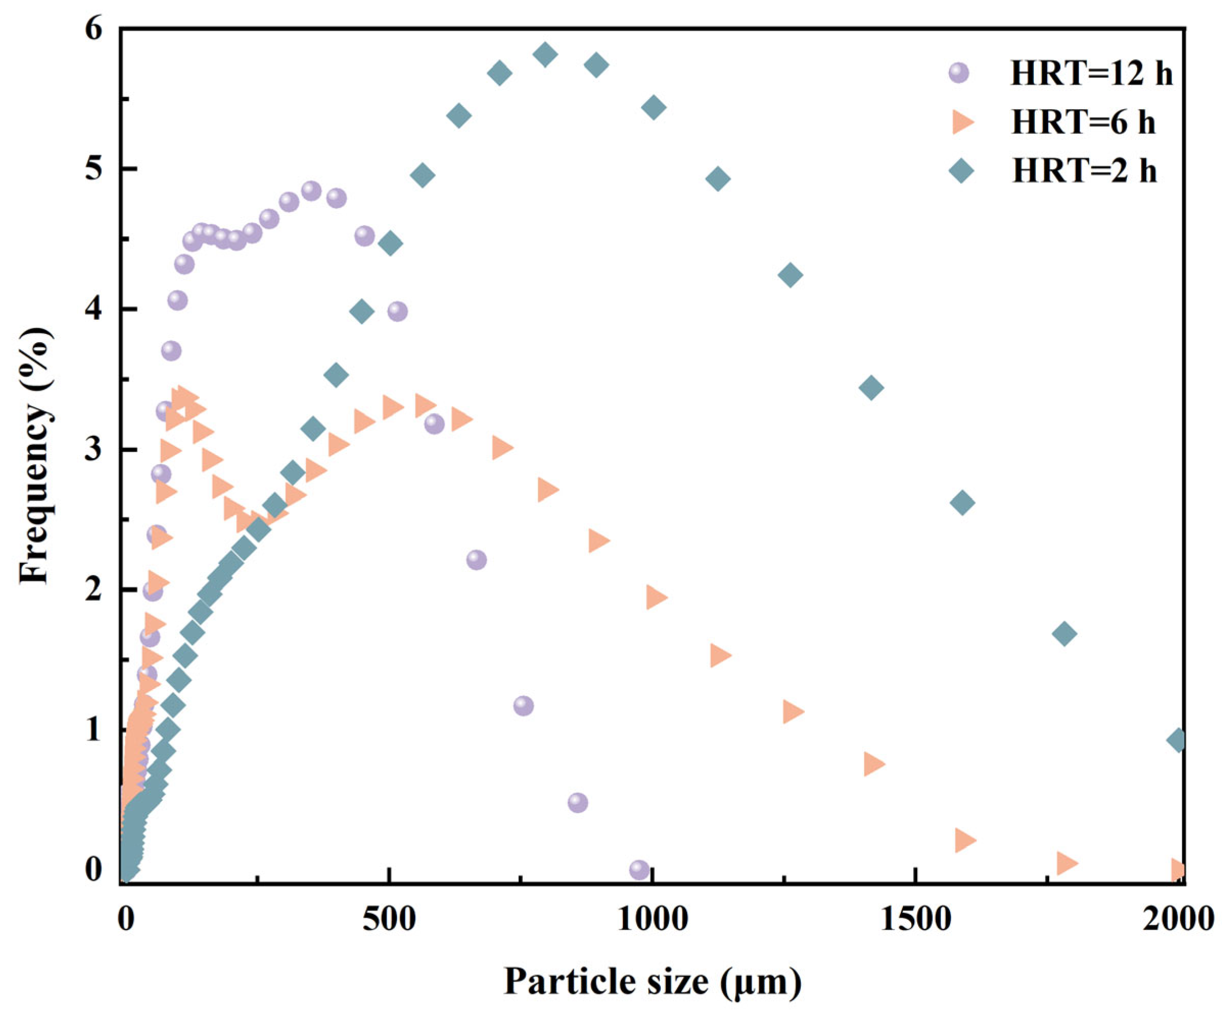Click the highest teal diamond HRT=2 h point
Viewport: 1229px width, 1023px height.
coord(545,55)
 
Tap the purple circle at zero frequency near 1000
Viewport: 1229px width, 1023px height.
coord(640,870)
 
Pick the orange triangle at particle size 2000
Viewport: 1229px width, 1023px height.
coord(1177,870)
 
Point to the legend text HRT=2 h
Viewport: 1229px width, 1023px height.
coord(1084,172)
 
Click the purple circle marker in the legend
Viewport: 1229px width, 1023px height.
coord(959,73)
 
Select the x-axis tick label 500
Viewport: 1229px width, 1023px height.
coord(388,919)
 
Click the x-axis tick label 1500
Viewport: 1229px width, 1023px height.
coord(914,919)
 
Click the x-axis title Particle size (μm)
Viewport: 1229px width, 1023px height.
coord(653,982)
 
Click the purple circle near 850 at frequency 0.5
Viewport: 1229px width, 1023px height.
coord(577,802)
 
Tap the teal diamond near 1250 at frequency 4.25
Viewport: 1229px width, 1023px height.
coord(791,275)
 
